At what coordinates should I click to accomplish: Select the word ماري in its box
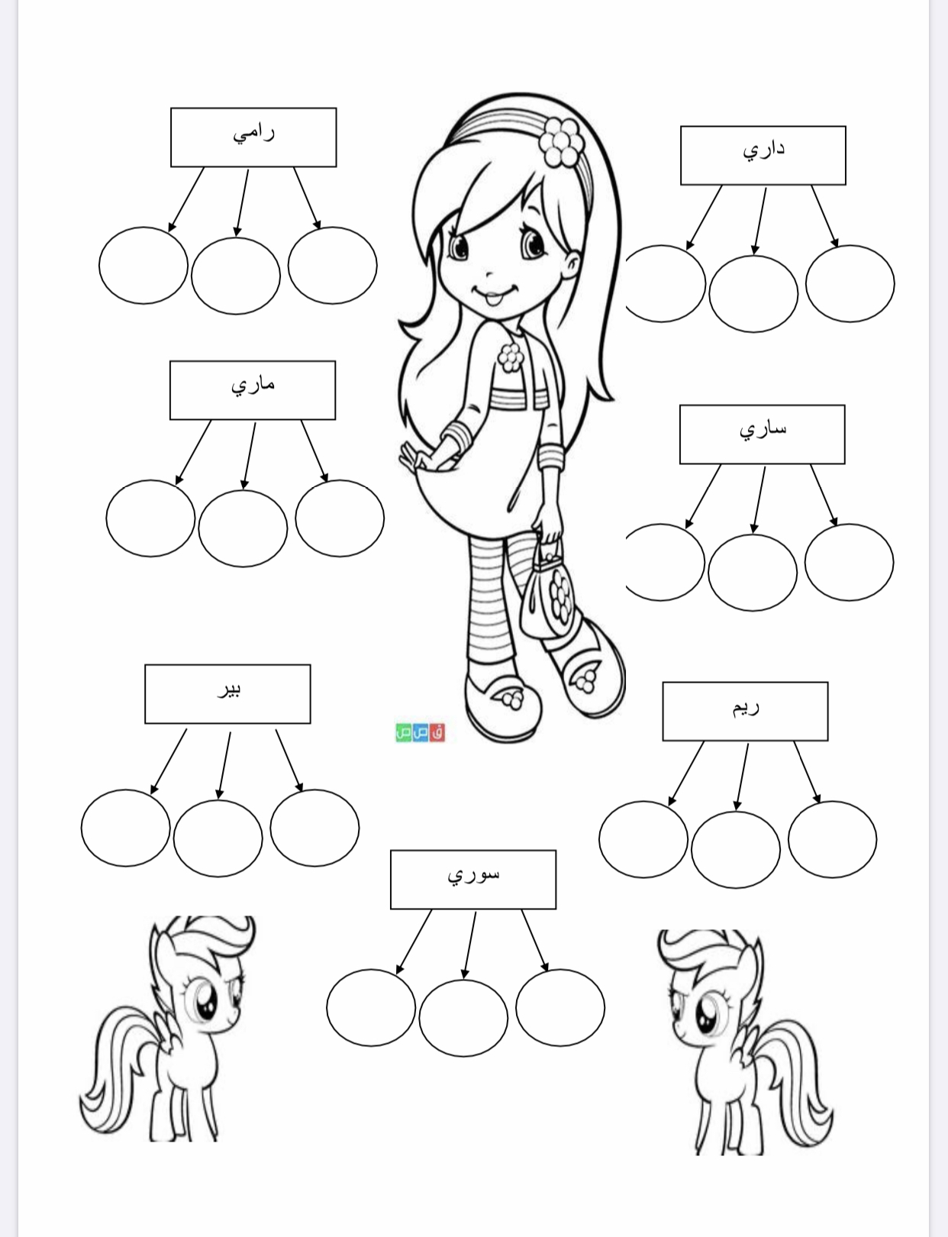point(253,386)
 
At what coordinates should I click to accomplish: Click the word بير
point(228,690)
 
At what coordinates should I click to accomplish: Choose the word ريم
point(746,708)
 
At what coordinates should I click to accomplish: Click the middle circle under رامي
point(236,276)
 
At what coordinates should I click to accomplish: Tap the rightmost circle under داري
point(850,283)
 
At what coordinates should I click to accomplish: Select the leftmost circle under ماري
point(151,518)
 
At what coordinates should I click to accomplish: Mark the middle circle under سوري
point(463,1018)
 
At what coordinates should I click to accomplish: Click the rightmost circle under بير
point(314,828)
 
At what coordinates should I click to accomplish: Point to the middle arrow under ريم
point(743,777)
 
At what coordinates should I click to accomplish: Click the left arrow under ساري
point(703,496)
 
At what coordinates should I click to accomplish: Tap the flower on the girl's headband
point(561,142)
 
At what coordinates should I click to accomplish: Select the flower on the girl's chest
point(511,357)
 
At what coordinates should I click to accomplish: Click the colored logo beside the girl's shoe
point(421,732)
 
